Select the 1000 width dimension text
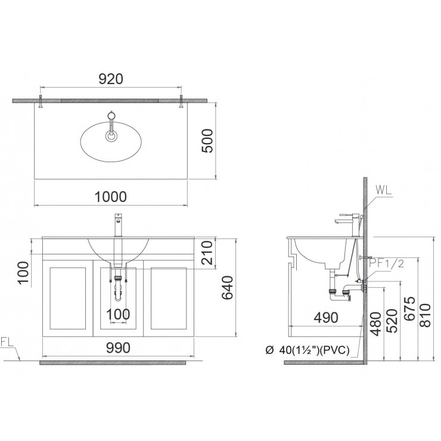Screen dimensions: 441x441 tap(111, 196)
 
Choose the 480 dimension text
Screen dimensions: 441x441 tap(375, 324)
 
